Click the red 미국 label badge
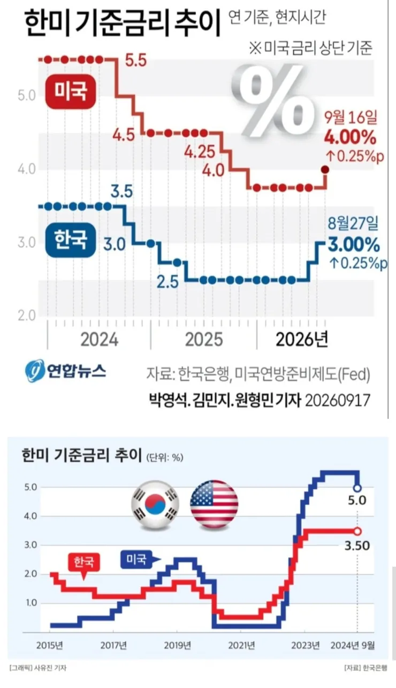tap(71, 91)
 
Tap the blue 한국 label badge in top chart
tap(71, 239)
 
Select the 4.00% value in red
tap(350, 137)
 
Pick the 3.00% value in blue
tap(354, 245)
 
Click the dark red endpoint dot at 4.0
tap(325, 169)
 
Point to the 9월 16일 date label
tap(351, 118)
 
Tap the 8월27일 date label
tap(353, 224)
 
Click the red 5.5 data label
tap(136, 60)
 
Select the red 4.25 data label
tap(200, 152)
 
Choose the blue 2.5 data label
tap(167, 282)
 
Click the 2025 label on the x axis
tap(204, 340)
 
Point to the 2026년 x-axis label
tap(302, 339)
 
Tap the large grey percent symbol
tap(273, 100)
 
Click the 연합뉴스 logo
tap(65, 371)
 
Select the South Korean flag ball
tap(155, 505)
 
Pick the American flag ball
tap(214, 505)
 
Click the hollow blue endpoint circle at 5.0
tap(357, 488)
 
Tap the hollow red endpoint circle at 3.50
tap(357, 531)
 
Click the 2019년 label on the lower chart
tap(178, 646)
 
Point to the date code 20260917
tap(337, 400)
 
